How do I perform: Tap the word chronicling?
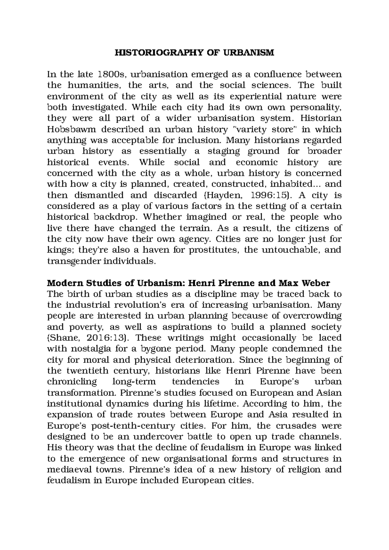pos(72,382)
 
